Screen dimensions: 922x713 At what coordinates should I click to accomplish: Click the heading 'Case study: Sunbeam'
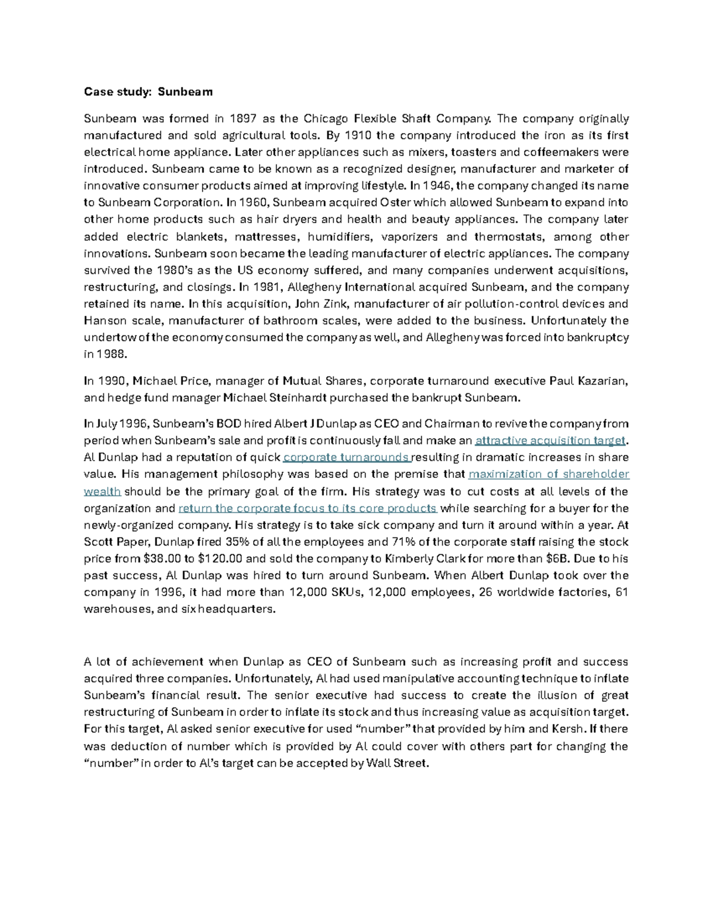(x=148, y=91)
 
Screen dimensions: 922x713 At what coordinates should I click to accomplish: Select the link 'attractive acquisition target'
(x=551, y=440)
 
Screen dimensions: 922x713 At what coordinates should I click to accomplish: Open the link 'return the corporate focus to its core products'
(x=307, y=508)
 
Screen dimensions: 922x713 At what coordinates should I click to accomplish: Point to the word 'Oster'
(x=395, y=202)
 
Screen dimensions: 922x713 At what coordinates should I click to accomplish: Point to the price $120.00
(x=220, y=559)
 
